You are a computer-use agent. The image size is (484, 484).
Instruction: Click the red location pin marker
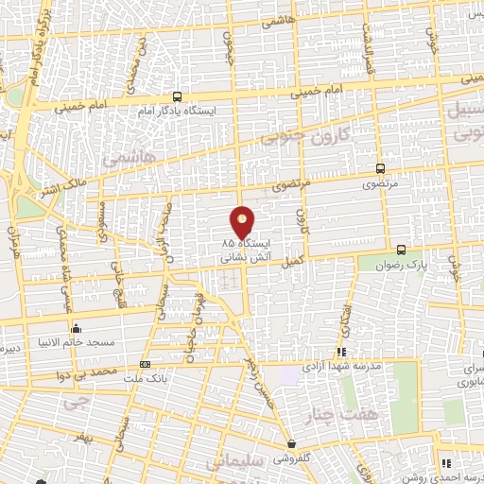(243, 221)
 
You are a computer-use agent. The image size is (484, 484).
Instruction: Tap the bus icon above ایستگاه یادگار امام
(178, 96)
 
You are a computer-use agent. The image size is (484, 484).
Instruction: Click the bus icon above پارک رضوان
(402, 251)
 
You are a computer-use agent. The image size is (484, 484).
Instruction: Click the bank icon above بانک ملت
(145, 364)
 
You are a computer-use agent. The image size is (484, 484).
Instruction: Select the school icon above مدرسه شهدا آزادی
(341, 351)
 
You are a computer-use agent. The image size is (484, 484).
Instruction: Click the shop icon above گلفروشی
(291, 443)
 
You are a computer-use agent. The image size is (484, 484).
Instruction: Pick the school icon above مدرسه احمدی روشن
(445, 463)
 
